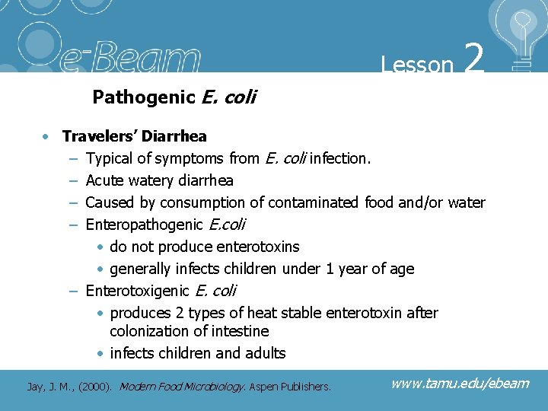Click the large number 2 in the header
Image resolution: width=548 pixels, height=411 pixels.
pos(473,59)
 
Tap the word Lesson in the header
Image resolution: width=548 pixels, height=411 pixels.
pos(417,65)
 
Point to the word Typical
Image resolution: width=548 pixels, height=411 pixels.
pos(108,158)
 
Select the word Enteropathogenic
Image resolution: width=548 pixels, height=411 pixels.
pos(144,225)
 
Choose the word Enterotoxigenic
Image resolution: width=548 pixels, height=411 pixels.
pos(138,291)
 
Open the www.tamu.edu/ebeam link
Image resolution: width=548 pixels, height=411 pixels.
pos(460,383)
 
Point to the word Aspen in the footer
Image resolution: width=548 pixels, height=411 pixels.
pos(267,386)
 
